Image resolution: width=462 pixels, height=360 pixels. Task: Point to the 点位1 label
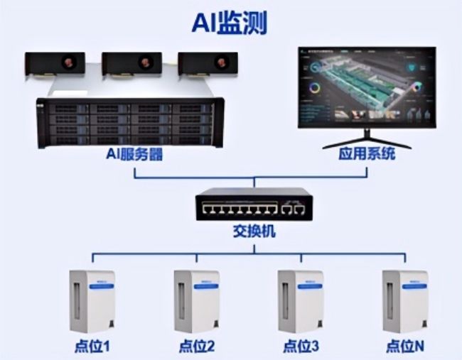(x=91, y=347)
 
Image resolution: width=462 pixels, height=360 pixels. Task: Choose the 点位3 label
(x=300, y=347)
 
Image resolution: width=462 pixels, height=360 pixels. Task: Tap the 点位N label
(x=406, y=347)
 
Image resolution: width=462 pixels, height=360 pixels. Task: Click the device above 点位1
(x=91, y=300)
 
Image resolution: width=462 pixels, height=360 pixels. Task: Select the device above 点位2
(x=195, y=300)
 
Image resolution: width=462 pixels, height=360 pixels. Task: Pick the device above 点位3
(x=300, y=300)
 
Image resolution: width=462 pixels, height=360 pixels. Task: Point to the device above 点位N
(x=404, y=300)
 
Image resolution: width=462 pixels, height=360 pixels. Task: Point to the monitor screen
(x=366, y=87)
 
